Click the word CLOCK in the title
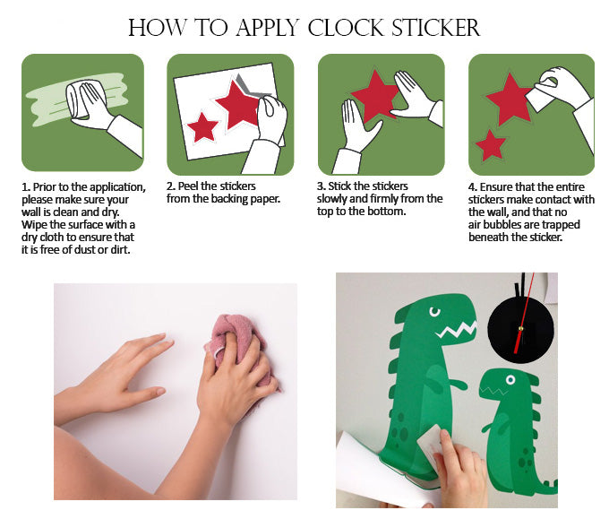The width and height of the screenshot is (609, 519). [x=346, y=28]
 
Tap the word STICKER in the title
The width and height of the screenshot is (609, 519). [x=436, y=28]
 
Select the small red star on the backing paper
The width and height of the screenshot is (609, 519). [x=202, y=126]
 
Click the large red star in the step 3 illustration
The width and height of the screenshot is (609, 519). [x=374, y=96]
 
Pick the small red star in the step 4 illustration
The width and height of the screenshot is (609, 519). [x=491, y=146]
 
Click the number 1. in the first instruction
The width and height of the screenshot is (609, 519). [x=26, y=187]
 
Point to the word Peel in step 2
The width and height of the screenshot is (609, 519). [x=189, y=186]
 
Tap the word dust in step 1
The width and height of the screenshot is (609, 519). [x=85, y=249]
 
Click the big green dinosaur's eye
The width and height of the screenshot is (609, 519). [x=434, y=311]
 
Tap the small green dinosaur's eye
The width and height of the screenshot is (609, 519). [x=510, y=380]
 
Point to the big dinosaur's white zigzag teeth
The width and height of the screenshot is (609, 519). [x=457, y=330]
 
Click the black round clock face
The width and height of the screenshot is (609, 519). [x=521, y=331]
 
